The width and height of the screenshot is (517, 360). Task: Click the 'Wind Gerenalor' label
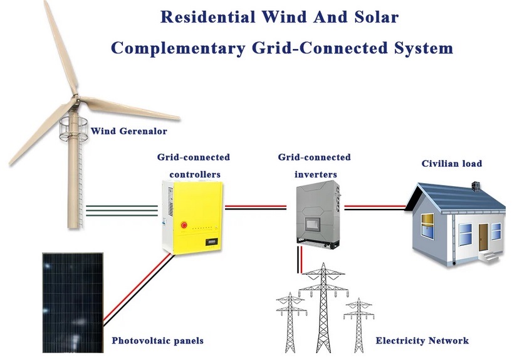click(128, 131)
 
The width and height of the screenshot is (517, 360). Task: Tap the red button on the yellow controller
click(184, 225)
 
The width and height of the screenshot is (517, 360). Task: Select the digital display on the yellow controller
click(212, 242)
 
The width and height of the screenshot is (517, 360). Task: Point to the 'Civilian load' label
click(452, 164)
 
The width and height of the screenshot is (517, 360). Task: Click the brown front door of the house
click(483, 237)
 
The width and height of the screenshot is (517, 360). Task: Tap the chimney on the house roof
click(475, 186)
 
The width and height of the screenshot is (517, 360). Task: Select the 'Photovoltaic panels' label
click(157, 341)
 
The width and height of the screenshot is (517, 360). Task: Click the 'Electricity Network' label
click(422, 341)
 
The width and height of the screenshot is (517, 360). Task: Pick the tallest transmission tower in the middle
click(323, 307)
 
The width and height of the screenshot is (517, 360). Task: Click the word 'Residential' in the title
click(207, 17)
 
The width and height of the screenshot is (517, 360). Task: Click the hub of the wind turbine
click(76, 98)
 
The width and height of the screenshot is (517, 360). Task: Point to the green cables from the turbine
click(122, 211)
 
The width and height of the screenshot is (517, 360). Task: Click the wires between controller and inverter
click(256, 208)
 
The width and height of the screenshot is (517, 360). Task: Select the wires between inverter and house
click(375, 208)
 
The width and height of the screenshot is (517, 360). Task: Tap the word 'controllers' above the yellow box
click(195, 174)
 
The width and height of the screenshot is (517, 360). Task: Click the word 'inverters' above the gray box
click(316, 174)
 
